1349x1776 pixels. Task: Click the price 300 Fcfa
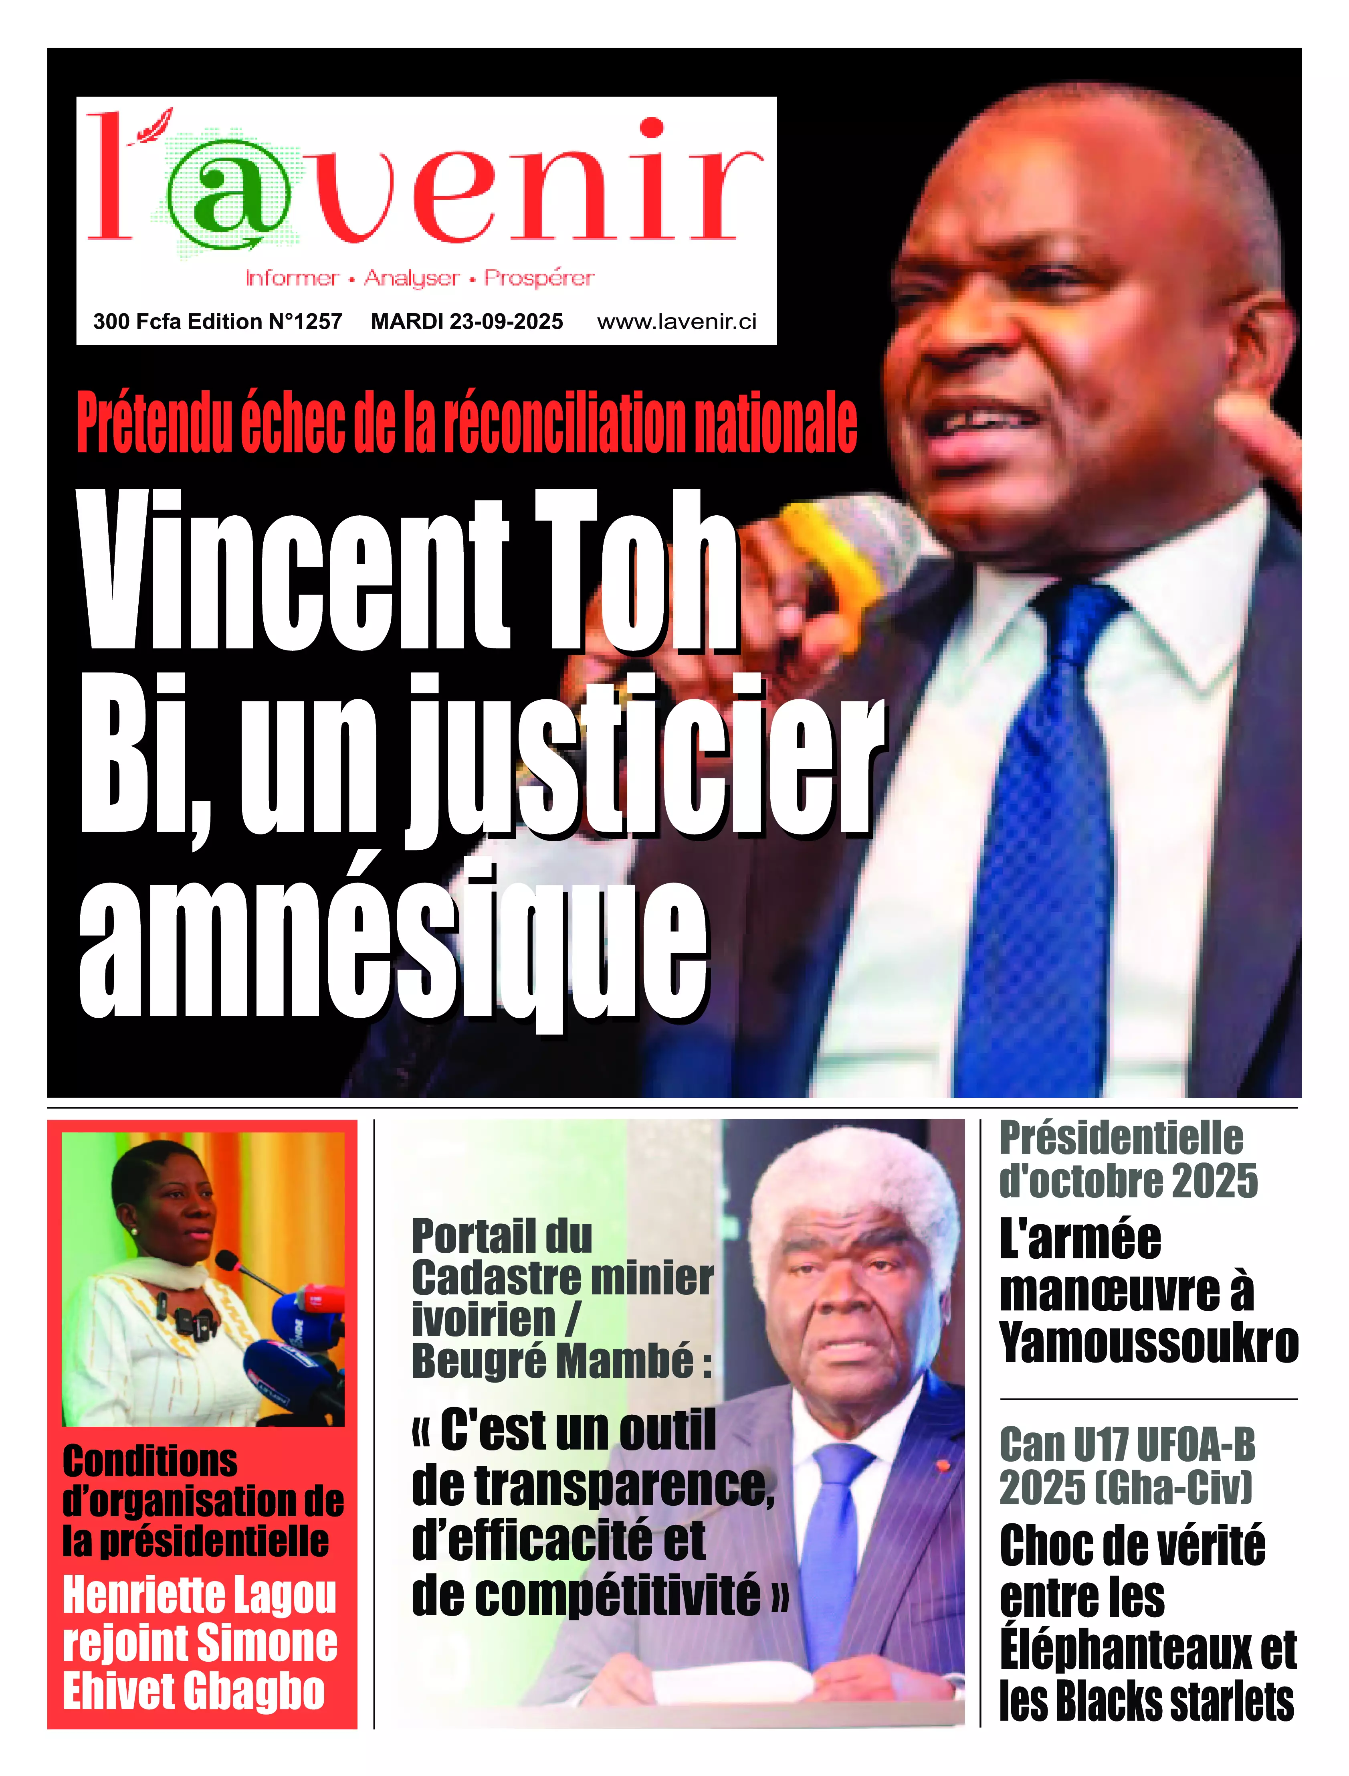[x=137, y=322]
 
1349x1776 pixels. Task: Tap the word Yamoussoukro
[x=1148, y=1343]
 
